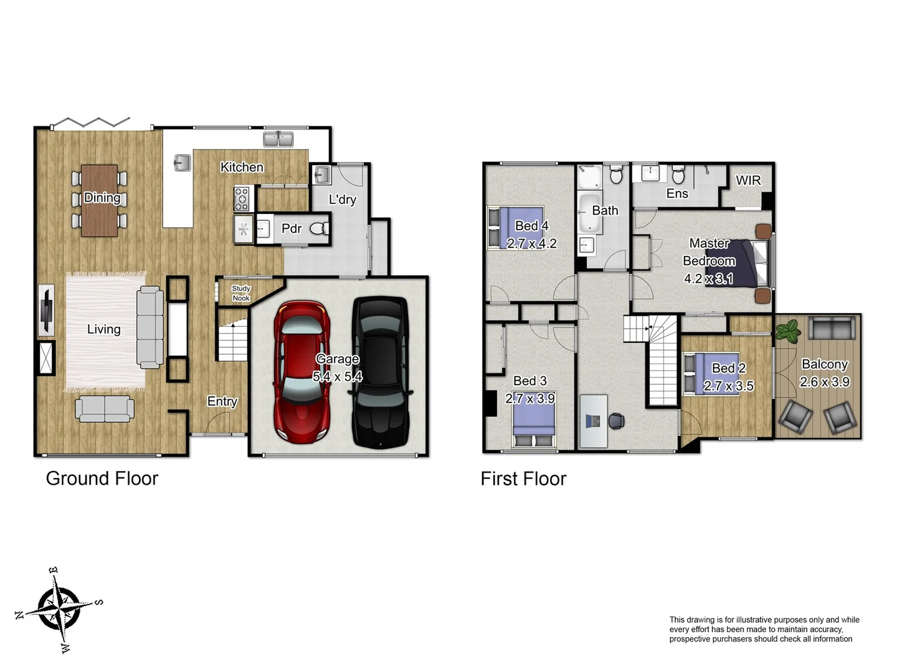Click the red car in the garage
tap(301, 373)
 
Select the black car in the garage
tap(381, 373)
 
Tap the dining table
tap(100, 200)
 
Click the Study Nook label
tap(241, 293)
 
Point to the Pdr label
tap(291, 228)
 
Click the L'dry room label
tap(342, 200)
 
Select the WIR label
tap(747, 180)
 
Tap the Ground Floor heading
tap(102, 478)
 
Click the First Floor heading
tap(523, 478)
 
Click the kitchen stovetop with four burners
tap(242, 199)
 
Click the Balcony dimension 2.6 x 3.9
tap(824, 382)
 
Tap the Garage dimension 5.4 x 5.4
tap(337, 376)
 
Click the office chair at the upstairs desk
tap(616, 421)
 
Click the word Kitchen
tap(242, 167)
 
